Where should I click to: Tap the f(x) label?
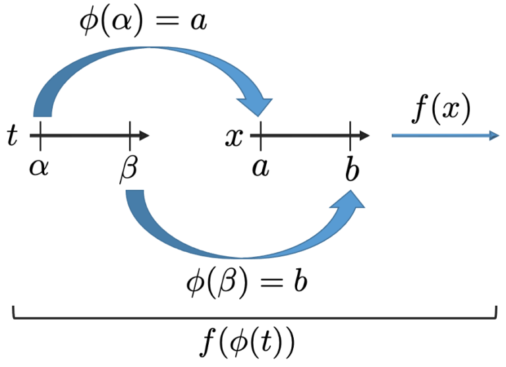coord(442,109)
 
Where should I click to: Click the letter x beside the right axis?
coord(235,136)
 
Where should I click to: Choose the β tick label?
coord(128,169)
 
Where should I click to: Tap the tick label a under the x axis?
coord(260,167)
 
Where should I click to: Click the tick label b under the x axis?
coord(352,169)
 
